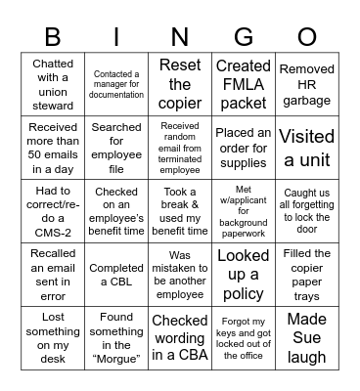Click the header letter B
[53, 37]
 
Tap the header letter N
[180, 37]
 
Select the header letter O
[307, 37]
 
